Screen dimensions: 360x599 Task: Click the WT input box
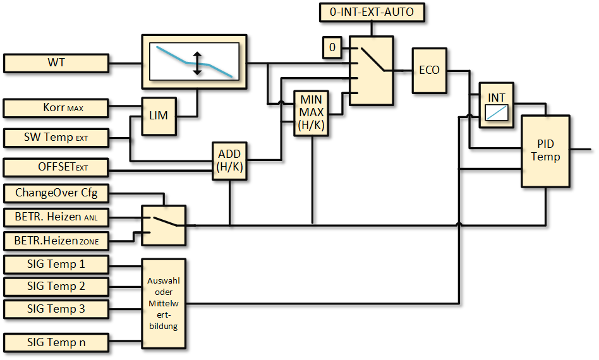pos(56,63)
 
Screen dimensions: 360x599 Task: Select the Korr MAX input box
pos(56,108)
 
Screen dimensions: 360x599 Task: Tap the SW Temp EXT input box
pos(56,137)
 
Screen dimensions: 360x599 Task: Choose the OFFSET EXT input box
pos(56,167)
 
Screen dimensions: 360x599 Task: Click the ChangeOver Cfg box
pos(56,192)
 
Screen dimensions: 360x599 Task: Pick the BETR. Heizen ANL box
pos(56,217)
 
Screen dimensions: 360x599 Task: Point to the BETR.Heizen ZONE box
pos(56,240)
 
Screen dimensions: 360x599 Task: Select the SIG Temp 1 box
pos(56,264)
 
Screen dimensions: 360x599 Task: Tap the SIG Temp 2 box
pos(56,286)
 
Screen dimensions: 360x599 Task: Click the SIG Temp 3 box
pos(56,309)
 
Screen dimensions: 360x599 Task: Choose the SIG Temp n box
pos(56,342)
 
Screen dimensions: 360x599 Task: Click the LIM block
pos(159,116)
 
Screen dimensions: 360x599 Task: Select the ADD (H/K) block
pos(230,161)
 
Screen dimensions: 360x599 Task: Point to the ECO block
pos(429,69)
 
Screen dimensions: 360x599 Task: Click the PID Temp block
pos(545,151)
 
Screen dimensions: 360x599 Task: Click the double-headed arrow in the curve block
pos(197,63)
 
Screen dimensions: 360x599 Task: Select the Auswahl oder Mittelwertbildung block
pos(164,304)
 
